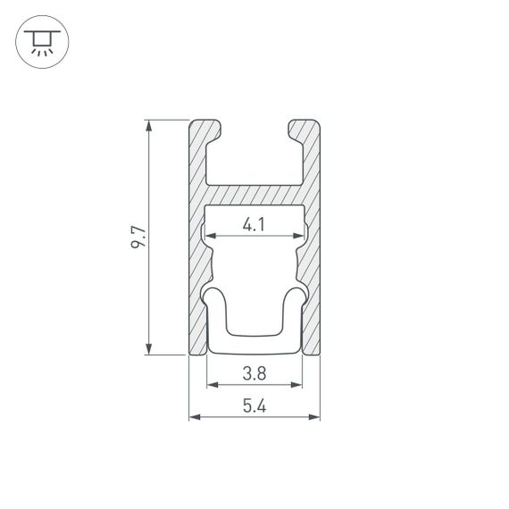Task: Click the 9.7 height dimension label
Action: (137, 238)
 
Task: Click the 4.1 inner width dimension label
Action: (254, 225)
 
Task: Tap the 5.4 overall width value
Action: (254, 405)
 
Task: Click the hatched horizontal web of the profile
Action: (254, 195)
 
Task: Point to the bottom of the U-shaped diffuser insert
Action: (254, 344)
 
